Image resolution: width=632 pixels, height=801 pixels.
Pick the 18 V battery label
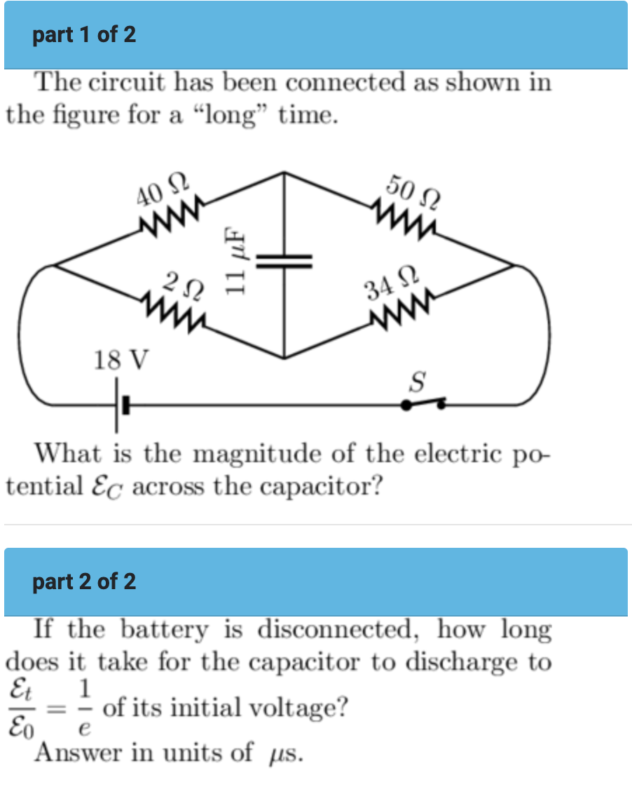click(x=121, y=361)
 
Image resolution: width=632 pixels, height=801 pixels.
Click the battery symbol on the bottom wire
click(x=121, y=405)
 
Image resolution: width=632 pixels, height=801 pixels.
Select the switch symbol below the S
click(x=423, y=404)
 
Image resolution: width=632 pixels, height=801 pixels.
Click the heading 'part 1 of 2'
click(x=84, y=34)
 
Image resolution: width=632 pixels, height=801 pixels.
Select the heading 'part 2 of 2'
click(x=84, y=581)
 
